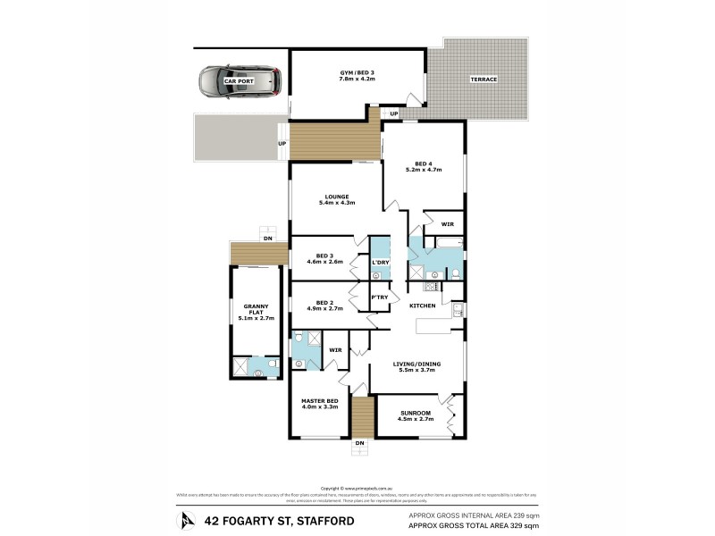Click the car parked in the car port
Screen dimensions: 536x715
(239, 82)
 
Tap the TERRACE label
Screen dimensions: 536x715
(484, 80)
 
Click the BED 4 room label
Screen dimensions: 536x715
(424, 163)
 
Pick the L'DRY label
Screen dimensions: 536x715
(379, 262)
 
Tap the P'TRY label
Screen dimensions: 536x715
(379, 297)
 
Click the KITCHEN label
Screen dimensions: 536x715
(423, 306)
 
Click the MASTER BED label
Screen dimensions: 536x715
(319, 400)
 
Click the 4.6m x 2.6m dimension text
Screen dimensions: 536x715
(325, 262)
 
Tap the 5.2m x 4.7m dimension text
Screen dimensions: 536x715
(424, 170)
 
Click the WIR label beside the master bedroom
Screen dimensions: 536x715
(335, 349)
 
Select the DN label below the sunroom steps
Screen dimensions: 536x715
(360, 443)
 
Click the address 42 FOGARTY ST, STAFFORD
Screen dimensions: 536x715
(279, 520)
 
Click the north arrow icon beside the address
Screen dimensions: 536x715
(186, 520)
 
